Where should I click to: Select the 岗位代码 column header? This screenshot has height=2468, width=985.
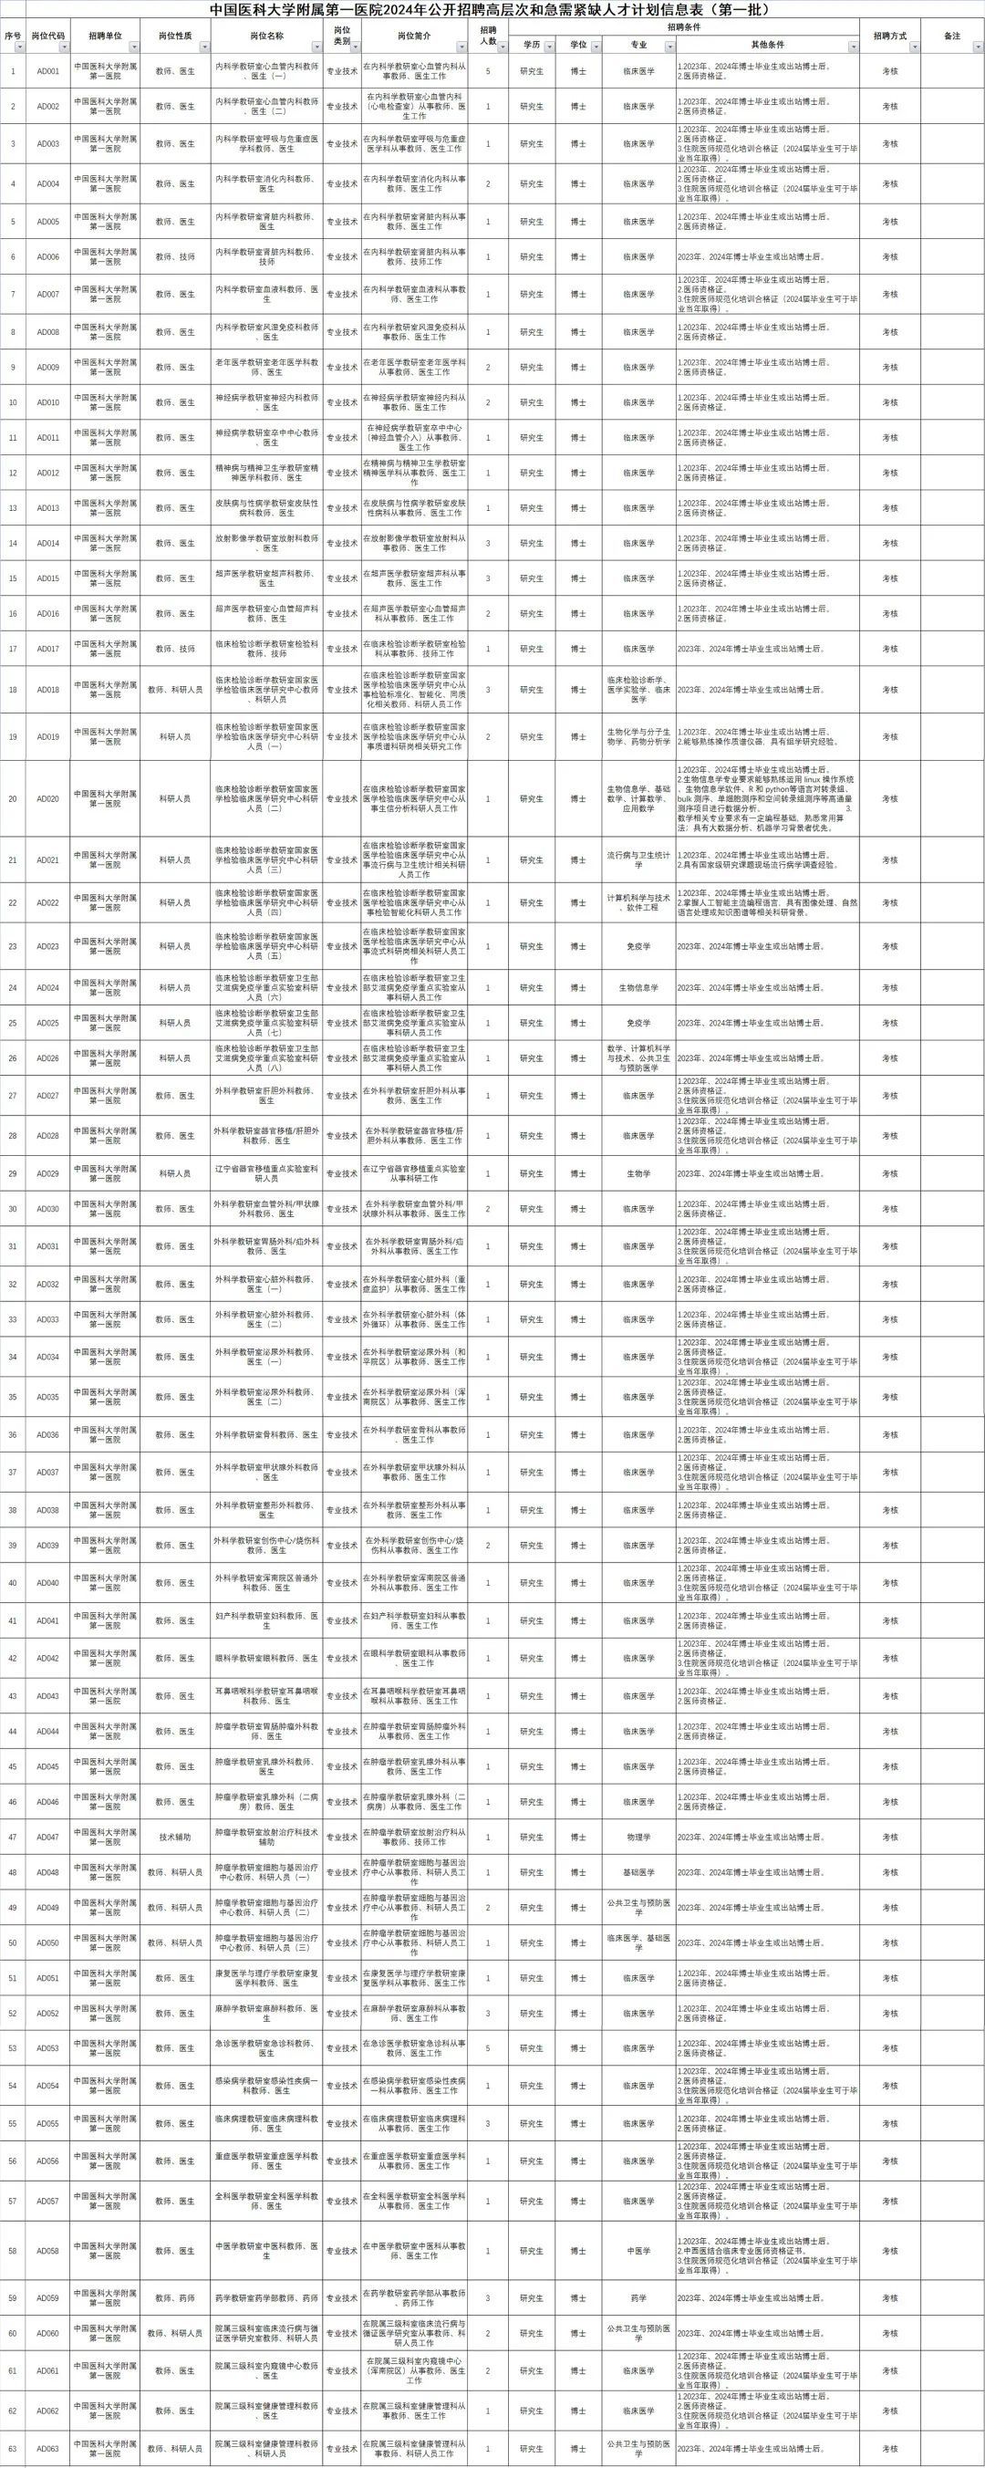pyautogui.click(x=48, y=36)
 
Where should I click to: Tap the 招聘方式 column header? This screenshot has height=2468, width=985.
pyautogui.click(x=889, y=36)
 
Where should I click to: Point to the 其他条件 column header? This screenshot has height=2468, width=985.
pyautogui.click(x=766, y=45)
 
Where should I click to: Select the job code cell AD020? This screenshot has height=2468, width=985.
pyautogui.click(x=48, y=799)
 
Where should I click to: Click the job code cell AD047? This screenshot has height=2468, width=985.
pyautogui.click(x=48, y=1837)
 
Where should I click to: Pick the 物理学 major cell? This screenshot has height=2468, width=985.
pyautogui.click(x=639, y=1837)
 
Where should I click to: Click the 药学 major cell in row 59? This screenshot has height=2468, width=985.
pyautogui.click(x=639, y=2297)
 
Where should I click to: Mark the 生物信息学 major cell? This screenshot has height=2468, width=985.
pyautogui.click(x=639, y=988)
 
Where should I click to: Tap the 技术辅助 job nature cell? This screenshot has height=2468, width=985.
pyautogui.click(x=174, y=1837)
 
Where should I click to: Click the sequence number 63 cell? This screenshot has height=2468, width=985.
pyautogui.click(x=14, y=2448)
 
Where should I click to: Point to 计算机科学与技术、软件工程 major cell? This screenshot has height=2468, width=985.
pyautogui.click(x=639, y=902)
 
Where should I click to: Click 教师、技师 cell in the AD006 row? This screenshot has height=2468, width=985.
pyautogui.click(x=174, y=256)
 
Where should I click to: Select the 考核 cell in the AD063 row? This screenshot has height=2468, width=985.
pyautogui.click(x=889, y=2448)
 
